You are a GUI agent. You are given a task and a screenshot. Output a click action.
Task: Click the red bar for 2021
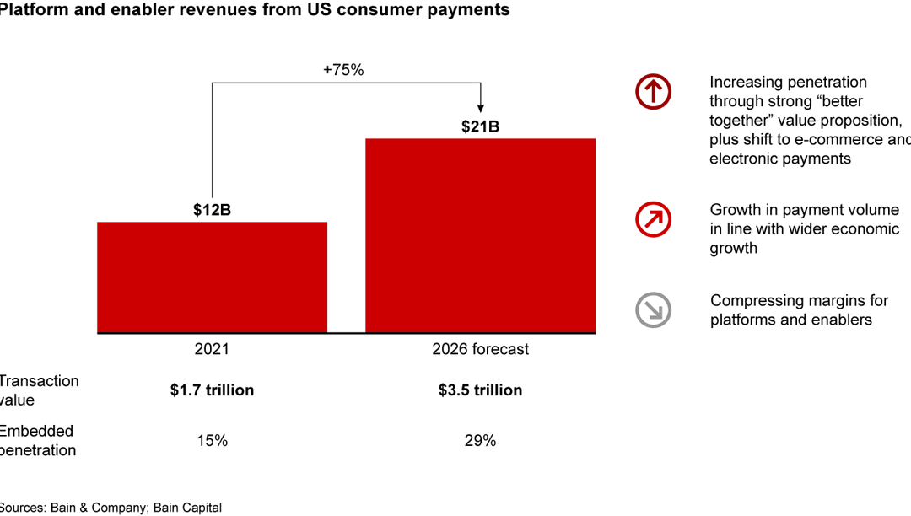[212, 277]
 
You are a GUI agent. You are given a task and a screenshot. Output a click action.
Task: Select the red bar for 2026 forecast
[480, 235]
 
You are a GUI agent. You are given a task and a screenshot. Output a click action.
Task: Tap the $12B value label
[212, 210]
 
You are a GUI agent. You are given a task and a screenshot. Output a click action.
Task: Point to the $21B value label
[480, 127]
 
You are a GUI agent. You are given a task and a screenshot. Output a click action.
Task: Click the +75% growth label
[343, 70]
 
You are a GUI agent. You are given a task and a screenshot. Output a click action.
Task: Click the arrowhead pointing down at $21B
[480, 107]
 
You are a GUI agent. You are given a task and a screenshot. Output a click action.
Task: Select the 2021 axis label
[212, 349]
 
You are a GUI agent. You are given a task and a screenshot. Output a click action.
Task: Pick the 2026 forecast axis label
[480, 349]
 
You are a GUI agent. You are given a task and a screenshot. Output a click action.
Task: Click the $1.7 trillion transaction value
[212, 390]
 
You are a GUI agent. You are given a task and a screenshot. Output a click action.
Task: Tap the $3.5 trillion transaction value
[480, 390]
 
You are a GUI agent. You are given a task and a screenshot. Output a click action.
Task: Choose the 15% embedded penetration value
[212, 440]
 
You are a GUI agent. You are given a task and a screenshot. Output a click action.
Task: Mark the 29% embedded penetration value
[480, 440]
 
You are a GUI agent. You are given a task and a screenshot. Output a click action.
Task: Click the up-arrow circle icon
[653, 91]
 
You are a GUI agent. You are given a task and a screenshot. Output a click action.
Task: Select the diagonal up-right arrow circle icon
[653, 219]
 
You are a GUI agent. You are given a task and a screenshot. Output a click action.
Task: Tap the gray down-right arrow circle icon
[653, 309]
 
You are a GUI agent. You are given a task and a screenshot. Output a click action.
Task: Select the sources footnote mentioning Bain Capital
[111, 508]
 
